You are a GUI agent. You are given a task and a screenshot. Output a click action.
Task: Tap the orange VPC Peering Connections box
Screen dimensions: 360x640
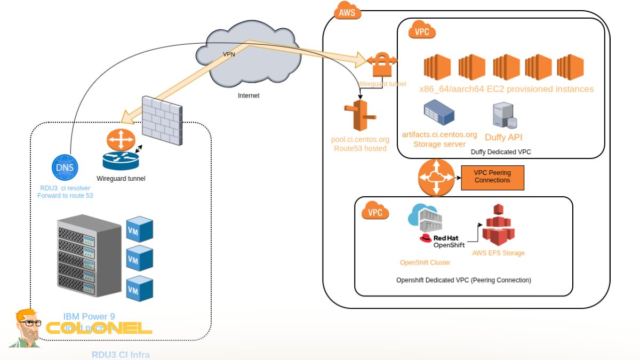click(x=492, y=178)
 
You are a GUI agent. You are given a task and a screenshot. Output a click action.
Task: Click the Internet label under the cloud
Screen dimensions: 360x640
click(x=249, y=96)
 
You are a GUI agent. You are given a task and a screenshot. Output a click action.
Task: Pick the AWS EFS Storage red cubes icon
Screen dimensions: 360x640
click(x=499, y=225)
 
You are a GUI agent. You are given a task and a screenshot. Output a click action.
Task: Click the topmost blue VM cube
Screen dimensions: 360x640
click(x=139, y=229)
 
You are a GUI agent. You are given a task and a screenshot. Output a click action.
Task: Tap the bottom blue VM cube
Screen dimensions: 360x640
click(x=139, y=289)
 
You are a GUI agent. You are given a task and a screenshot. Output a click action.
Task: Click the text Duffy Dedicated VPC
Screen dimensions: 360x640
click(x=501, y=152)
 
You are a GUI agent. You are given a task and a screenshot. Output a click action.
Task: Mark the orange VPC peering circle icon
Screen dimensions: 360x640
click(x=435, y=178)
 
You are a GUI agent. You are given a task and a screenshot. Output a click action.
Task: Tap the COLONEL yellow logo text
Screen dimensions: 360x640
click(x=99, y=327)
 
